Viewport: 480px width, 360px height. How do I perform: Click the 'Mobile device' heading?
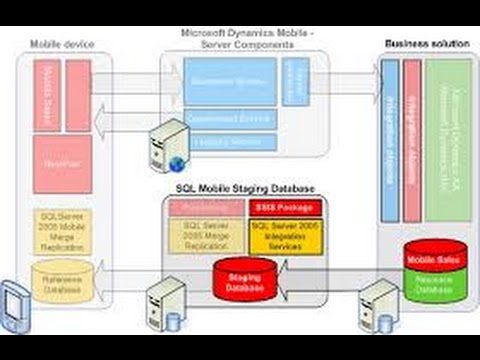point(62,45)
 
